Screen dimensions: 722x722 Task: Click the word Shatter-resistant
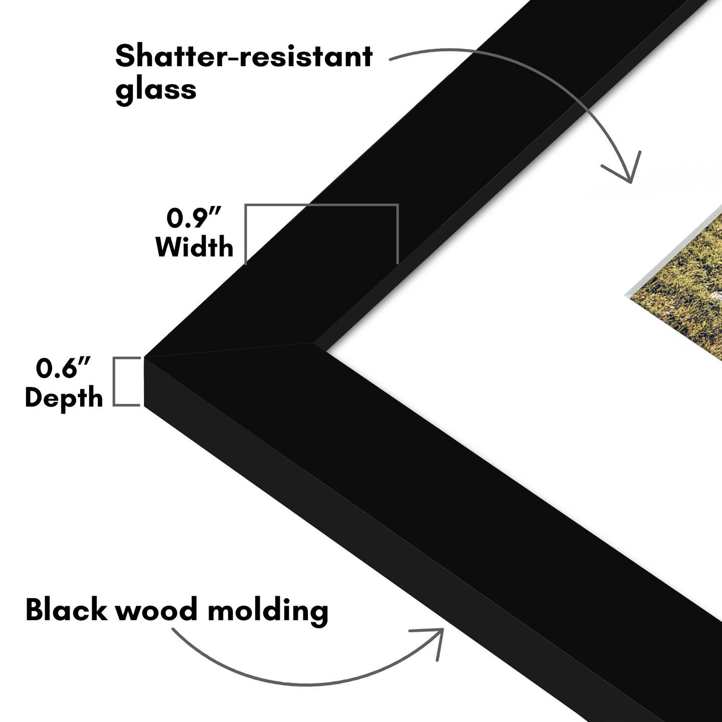pos(244,56)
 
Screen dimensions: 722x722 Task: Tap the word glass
pos(155,90)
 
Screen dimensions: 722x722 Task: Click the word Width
pos(195,247)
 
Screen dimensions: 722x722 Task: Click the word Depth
pos(64,398)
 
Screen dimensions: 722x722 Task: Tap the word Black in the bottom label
pos(66,610)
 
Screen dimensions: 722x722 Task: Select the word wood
pos(156,610)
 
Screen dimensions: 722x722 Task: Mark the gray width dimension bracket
pos(321,205)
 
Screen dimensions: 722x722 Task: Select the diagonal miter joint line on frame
pos(231,350)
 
